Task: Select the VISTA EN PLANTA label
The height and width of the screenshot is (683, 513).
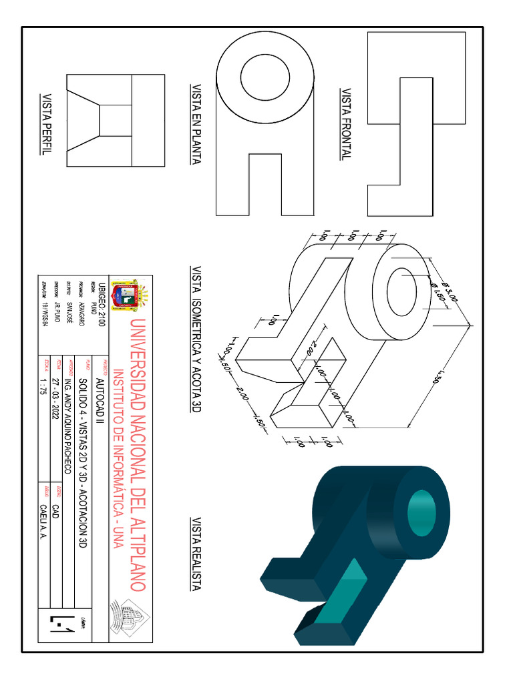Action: (x=196, y=124)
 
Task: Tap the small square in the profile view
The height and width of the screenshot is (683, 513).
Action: (x=116, y=119)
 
